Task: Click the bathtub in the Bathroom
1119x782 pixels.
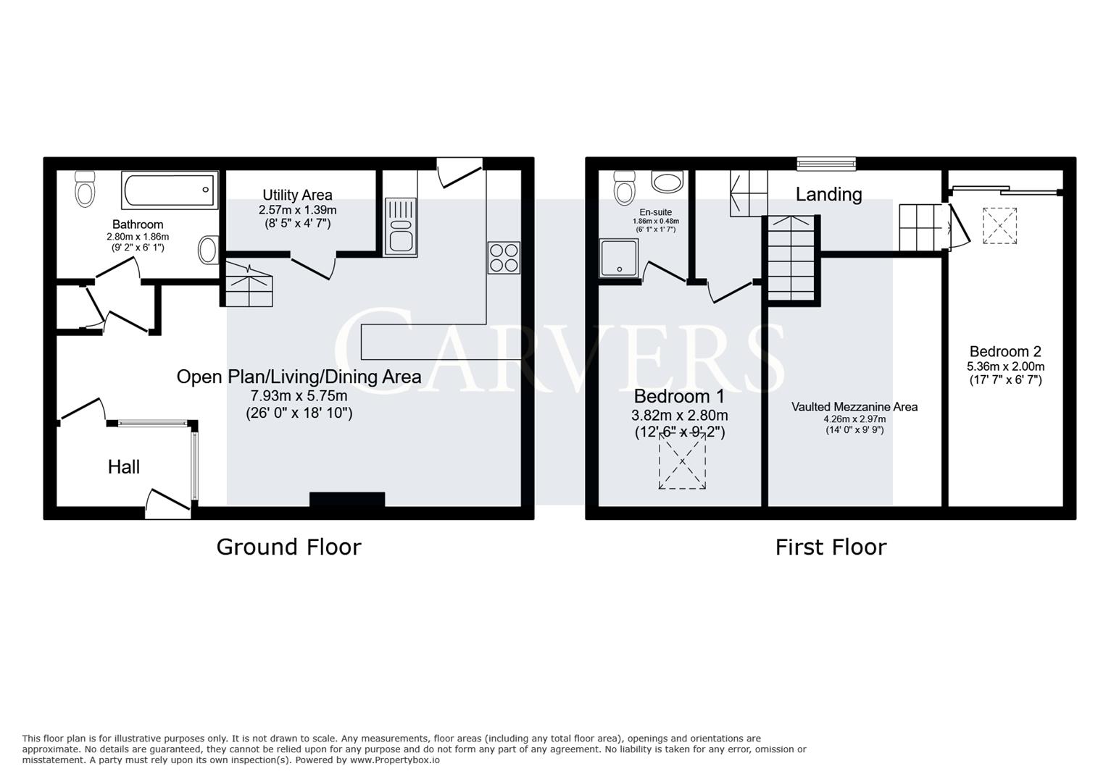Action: click(x=170, y=190)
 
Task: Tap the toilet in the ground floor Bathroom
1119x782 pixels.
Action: click(x=86, y=189)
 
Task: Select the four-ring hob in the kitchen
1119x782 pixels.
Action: click(x=504, y=257)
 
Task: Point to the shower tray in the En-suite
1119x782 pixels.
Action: click(x=619, y=258)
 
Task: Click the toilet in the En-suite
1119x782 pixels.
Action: click(x=624, y=188)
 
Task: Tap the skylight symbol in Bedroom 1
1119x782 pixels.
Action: click(x=682, y=463)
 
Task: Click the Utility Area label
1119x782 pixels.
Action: click(x=297, y=195)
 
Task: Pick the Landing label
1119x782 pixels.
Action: click(x=828, y=194)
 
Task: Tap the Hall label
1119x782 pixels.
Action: click(x=124, y=467)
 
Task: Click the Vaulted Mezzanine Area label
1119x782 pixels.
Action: click(x=854, y=407)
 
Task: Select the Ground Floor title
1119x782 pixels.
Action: click(x=288, y=547)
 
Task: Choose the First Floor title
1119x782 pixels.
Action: click(x=831, y=547)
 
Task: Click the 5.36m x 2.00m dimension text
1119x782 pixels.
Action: click(x=1005, y=366)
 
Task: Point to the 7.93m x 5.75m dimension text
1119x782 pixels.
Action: click(x=299, y=396)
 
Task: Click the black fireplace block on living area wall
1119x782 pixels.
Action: click(x=347, y=500)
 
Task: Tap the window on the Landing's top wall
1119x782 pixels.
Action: click(x=826, y=164)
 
